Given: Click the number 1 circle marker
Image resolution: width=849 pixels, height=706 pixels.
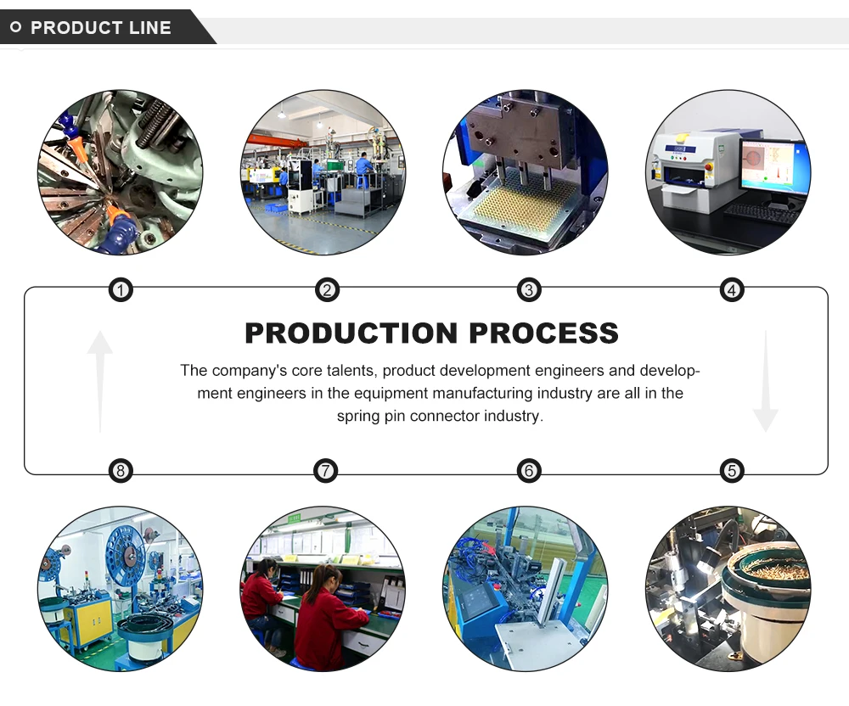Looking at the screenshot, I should pos(121,291).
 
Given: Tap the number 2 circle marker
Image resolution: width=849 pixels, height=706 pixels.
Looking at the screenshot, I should pos(327,291).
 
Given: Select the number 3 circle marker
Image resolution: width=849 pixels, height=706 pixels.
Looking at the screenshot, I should pos(529,291).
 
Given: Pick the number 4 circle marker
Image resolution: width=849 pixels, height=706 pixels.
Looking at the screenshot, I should pos(732,291).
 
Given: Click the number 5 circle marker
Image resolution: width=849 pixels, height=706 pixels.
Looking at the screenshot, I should pos(732,471).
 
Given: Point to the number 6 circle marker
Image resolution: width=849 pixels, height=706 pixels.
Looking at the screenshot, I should pos(529,471).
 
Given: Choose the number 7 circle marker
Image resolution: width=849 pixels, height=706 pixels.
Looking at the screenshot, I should pos(325,471).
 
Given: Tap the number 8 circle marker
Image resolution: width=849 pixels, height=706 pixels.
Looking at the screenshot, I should pos(121,471).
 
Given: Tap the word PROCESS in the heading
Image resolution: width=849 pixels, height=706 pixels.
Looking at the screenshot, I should pos(543,333).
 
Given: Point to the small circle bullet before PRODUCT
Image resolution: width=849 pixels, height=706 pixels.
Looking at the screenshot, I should pos(15,28).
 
